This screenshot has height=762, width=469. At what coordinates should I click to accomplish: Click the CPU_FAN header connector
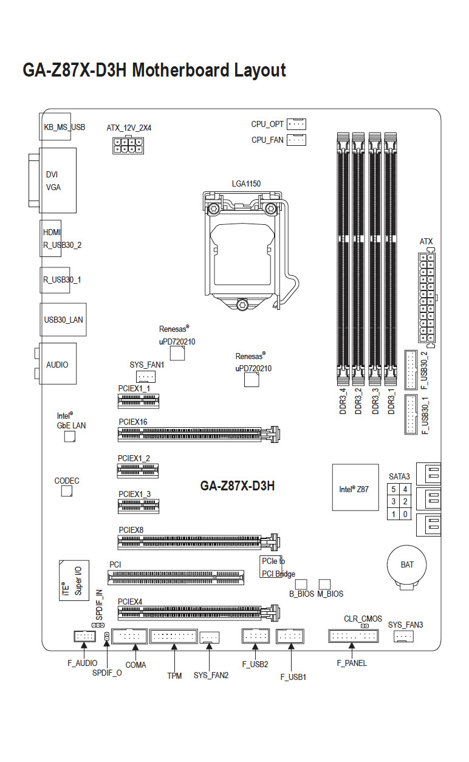tap(296, 140)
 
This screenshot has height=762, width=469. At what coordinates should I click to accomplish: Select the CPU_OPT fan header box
tap(296, 124)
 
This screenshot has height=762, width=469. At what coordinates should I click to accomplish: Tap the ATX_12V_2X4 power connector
tap(128, 145)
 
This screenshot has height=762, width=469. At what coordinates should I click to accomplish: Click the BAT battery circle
tap(407, 565)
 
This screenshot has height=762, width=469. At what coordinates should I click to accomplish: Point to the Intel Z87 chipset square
tap(355, 487)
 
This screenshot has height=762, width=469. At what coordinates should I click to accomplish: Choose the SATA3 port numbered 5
tap(393, 489)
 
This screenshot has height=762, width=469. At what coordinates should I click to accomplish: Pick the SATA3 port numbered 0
tap(405, 514)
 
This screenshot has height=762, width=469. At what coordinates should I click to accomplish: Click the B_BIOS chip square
tap(301, 584)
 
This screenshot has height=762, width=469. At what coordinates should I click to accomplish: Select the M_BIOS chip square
tap(324, 584)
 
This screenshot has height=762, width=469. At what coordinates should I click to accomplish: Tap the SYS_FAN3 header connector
tap(403, 636)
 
